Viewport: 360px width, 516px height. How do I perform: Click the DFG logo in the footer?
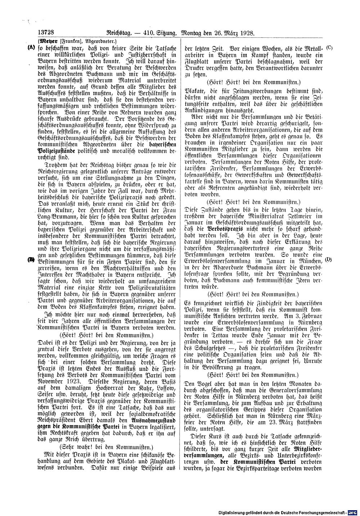(x=353, y=511)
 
